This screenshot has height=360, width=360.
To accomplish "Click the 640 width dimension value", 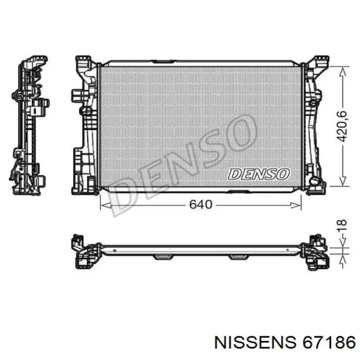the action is point(201,204).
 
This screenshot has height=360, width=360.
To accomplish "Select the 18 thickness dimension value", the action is point(342,225).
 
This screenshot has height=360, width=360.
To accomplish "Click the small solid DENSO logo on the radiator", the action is point(259,174).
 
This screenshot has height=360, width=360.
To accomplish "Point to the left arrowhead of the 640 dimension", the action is point(106,206).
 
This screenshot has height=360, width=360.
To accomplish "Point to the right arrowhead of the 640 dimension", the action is point(296,206).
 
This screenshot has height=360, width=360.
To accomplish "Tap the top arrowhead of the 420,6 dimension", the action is point(343,73).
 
